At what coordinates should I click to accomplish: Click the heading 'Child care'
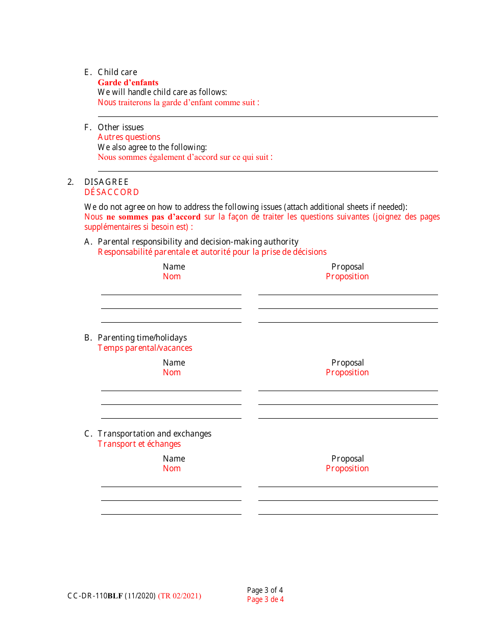coord(117,72)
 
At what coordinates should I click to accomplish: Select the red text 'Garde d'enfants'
coord(128,82)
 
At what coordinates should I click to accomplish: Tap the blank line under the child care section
coord(268,115)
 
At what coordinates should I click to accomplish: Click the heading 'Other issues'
coord(120,127)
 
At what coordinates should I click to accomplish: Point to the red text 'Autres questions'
coord(129,137)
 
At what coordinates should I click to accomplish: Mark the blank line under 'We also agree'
coord(268,170)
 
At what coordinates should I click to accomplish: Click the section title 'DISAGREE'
coord(106,182)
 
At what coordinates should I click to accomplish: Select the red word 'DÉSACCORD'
coord(111,192)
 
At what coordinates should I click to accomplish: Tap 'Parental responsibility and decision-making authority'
coord(198,241)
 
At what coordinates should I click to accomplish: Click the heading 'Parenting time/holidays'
coord(142,337)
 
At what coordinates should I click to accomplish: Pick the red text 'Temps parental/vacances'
coord(145,348)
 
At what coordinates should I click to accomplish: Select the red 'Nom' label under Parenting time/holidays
coord(172,372)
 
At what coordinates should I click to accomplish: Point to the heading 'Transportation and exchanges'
coord(154,433)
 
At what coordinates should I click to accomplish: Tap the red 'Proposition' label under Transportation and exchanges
coord(347,468)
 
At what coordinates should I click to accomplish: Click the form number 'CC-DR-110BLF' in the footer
coord(95,595)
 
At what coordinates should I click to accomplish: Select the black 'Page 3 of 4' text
coord(265,590)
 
